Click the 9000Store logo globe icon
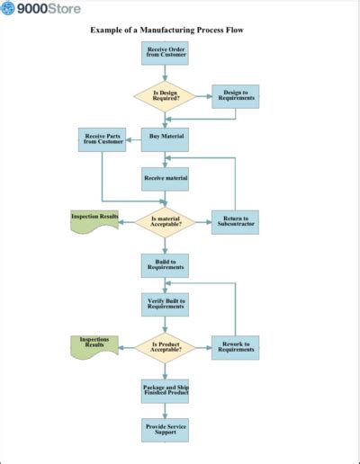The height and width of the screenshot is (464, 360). (x=8, y=9)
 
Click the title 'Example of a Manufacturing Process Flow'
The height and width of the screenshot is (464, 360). (x=166, y=30)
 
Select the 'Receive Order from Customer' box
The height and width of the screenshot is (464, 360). (x=166, y=53)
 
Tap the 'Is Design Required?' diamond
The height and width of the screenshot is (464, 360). (x=165, y=96)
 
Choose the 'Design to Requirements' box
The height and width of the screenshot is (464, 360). (x=235, y=96)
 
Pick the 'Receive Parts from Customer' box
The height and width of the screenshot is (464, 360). (x=103, y=139)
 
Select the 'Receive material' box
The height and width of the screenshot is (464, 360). (x=166, y=179)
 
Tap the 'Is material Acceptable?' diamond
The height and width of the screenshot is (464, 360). (x=165, y=221)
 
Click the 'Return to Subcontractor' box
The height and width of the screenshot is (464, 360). (x=235, y=221)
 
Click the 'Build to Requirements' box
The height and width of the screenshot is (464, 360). (x=166, y=264)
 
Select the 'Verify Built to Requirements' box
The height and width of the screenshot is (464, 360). (x=166, y=305)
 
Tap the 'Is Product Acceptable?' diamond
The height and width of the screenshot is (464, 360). (x=165, y=347)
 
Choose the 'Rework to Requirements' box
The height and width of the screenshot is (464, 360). (x=235, y=347)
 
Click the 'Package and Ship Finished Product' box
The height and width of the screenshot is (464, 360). (x=166, y=390)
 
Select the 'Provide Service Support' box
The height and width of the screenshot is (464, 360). (x=166, y=429)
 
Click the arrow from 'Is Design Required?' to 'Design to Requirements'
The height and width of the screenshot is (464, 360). (x=203, y=96)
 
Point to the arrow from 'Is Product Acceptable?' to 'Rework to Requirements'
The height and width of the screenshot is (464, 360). (x=203, y=347)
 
